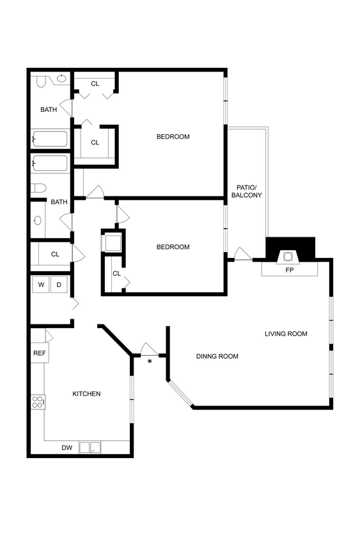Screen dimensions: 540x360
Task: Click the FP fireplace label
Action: (289, 270)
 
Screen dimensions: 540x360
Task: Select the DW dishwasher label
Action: (67, 448)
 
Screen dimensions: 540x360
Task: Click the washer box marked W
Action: (41, 284)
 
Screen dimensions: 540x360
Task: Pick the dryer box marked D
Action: (59, 284)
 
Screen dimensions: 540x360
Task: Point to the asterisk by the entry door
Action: (150, 362)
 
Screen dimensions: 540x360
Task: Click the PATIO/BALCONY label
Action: (246, 190)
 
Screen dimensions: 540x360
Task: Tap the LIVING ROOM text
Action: (286, 333)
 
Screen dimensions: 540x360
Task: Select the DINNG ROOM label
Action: (217, 356)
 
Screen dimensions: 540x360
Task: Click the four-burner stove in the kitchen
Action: (38, 402)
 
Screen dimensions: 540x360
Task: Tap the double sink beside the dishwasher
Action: (90, 448)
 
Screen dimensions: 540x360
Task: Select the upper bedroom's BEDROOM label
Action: (173, 136)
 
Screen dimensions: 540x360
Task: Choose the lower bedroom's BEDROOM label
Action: (173, 247)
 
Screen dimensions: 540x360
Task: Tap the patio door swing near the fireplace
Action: (243, 254)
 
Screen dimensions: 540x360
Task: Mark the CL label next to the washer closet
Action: (55, 254)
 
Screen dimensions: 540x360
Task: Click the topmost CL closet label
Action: (95, 84)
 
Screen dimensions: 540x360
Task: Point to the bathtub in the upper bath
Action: (50, 139)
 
